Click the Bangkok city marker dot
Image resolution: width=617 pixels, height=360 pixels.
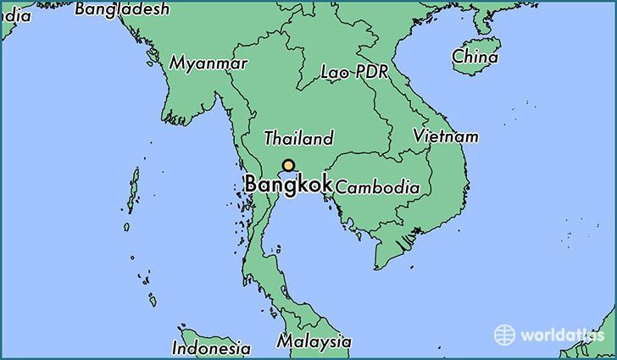pos(289,166)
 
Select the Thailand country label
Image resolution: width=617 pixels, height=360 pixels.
pos(298,138)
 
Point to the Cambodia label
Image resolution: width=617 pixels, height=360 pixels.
pos(377,187)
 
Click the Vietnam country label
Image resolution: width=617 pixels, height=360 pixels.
pos(446,136)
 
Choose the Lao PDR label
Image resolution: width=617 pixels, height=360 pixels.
pos(354,73)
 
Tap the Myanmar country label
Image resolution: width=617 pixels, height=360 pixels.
pos(208,64)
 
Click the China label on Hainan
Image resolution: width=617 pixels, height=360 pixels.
pos(475,58)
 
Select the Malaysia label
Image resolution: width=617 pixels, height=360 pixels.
pos(314,341)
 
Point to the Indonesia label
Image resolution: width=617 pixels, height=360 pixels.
pos(211,347)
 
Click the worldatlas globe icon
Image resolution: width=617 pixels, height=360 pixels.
pos(505,334)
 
